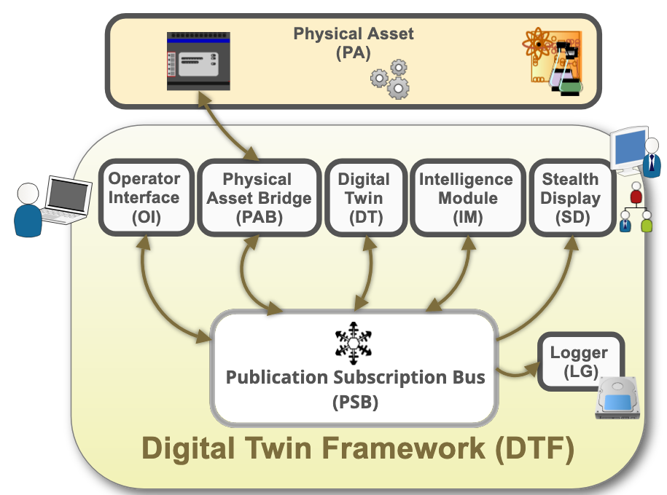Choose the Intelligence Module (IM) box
tap(466, 197)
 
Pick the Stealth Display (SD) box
tap(571, 197)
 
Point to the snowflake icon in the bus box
tap(353, 343)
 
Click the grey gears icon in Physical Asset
tap(391, 79)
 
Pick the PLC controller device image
tap(198, 61)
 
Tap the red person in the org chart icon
tap(636, 196)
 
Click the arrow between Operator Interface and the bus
tap(157, 298)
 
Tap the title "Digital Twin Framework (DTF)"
tap(357, 448)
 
